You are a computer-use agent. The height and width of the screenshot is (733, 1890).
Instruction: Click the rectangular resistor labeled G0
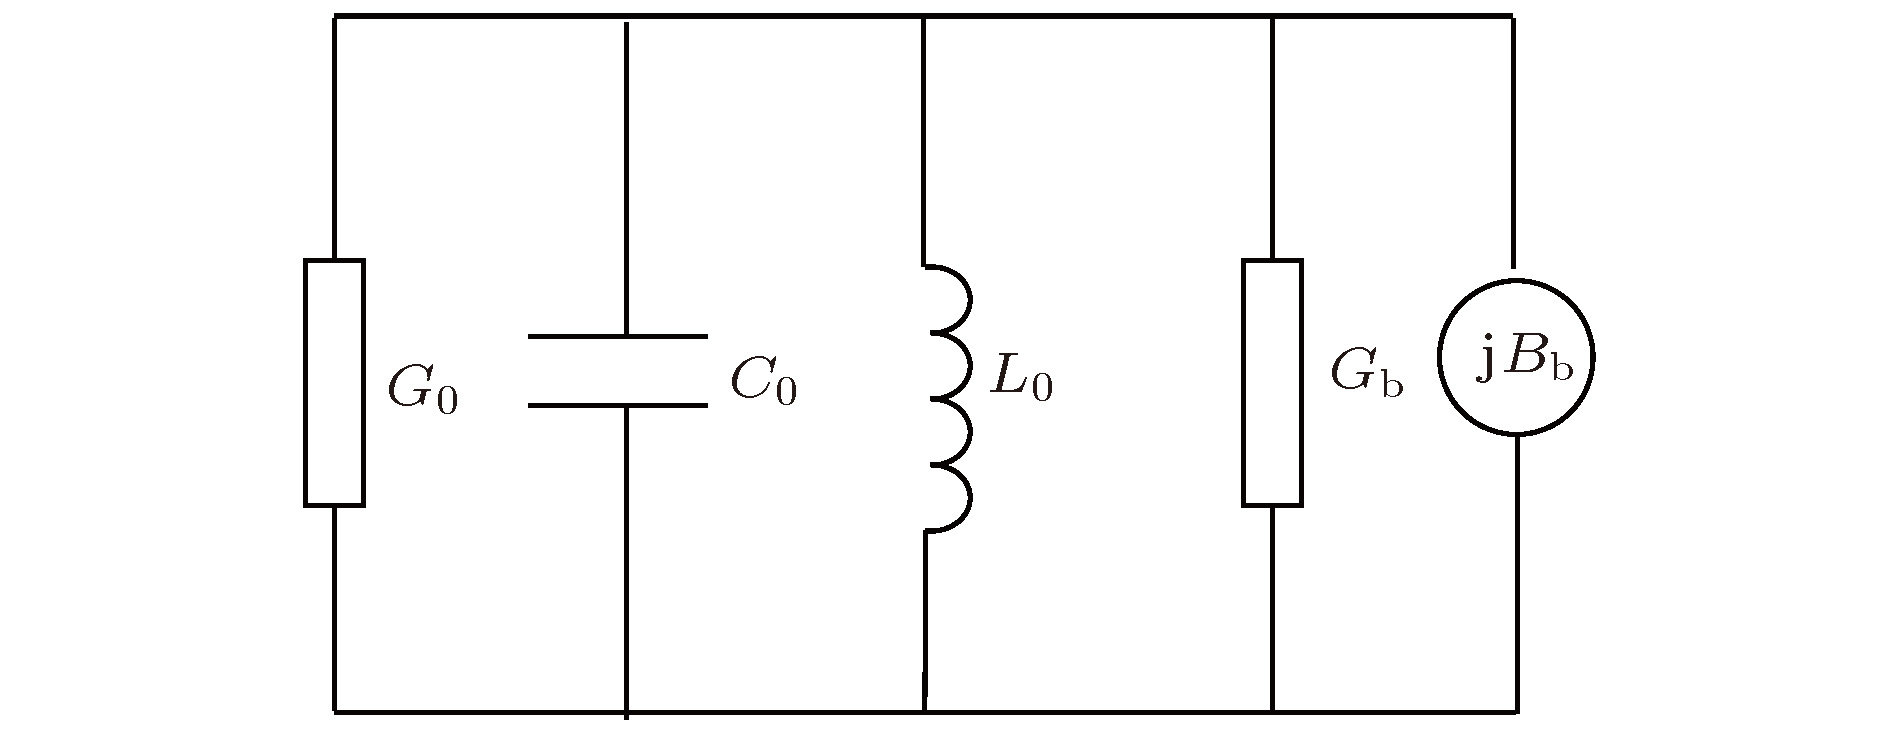tap(334, 382)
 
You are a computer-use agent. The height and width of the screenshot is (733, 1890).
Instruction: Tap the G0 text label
tap(423, 389)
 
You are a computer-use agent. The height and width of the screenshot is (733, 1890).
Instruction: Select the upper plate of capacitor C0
tap(617, 336)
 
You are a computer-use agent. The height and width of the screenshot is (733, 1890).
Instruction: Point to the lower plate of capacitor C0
tap(617, 405)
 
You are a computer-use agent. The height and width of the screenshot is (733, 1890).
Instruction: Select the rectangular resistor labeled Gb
tap(1272, 382)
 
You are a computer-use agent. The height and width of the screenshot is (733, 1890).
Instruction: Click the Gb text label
tap(1367, 373)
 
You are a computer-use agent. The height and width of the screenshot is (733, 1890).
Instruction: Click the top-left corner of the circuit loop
tap(334, 16)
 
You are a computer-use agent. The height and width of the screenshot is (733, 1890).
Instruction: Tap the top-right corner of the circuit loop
tap(1512, 16)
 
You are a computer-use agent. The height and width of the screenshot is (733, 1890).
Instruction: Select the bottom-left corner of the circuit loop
tap(334, 712)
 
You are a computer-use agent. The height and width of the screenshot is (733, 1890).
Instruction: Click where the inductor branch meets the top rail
tap(923, 16)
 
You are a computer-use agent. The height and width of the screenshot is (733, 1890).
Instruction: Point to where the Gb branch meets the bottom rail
tap(1272, 712)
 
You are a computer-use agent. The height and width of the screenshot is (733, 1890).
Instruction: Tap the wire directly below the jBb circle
tap(1517, 574)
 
